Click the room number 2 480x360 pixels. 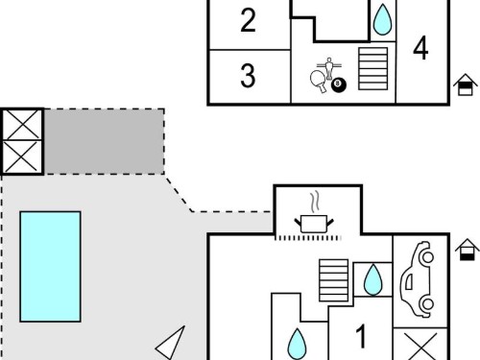(248, 20)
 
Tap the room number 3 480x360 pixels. (248, 76)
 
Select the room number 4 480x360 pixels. (420, 48)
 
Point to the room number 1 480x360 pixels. (361, 336)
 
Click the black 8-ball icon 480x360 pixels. (339, 84)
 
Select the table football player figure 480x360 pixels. (329, 68)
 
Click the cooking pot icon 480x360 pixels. (314, 224)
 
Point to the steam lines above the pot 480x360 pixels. (315, 202)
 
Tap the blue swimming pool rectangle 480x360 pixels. (50, 267)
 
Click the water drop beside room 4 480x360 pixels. (383, 19)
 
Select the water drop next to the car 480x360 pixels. (373, 279)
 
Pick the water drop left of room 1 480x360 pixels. (297, 345)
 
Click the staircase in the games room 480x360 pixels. (373, 69)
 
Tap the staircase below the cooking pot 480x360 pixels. (334, 280)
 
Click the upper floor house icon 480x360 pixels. (466, 84)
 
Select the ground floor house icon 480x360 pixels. (468, 250)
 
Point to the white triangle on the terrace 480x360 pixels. (170, 343)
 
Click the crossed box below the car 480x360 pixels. (420, 345)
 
